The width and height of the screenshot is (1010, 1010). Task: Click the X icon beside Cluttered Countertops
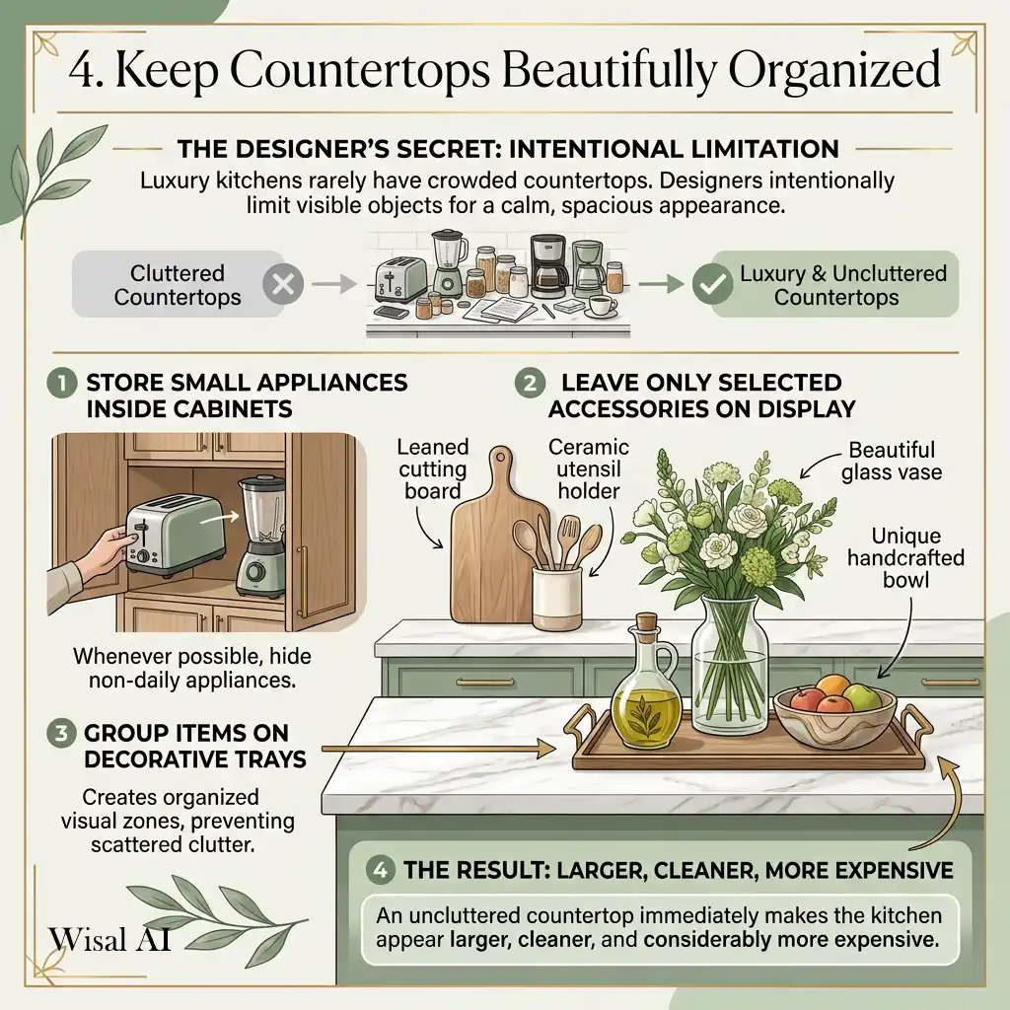click(x=283, y=284)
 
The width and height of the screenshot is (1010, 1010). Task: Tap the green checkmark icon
click(x=712, y=284)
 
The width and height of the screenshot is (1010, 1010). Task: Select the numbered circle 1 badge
click(x=62, y=384)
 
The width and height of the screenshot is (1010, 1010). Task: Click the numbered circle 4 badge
click(x=380, y=870)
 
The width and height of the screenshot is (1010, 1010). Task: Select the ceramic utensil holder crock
click(x=556, y=599)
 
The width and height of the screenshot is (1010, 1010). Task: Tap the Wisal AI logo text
click(x=109, y=939)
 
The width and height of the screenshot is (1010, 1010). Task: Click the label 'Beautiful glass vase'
click(x=892, y=461)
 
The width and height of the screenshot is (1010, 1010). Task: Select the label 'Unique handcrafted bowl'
click(x=905, y=558)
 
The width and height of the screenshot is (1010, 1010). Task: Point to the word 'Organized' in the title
click(x=834, y=70)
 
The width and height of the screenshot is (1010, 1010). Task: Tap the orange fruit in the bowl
click(x=834, y=686)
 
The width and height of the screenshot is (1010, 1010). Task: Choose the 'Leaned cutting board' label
click(x=432, y=469)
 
